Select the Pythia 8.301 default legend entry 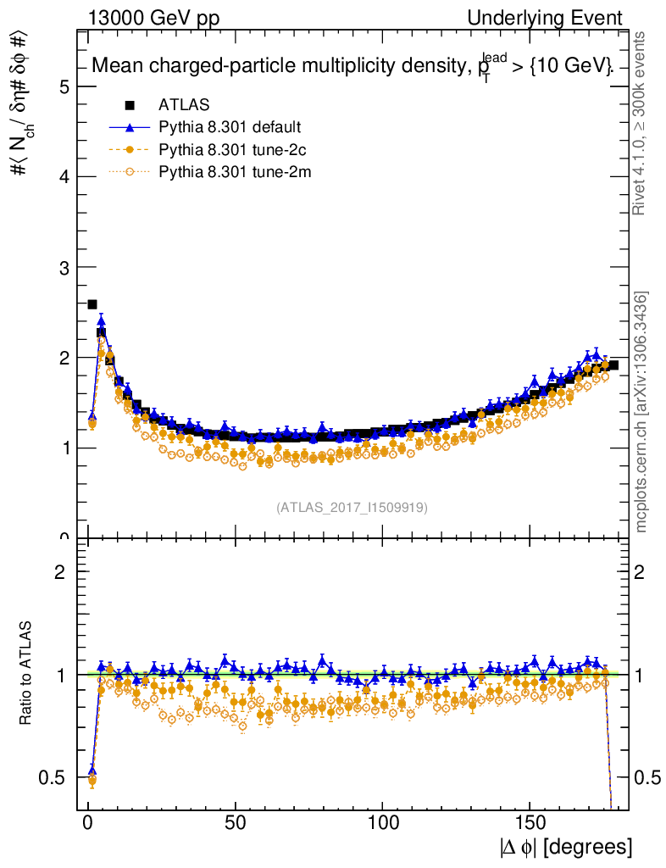(x=230, y=128)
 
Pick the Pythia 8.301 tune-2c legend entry (x=230, y=151)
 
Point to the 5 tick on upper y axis (x=64, y=86)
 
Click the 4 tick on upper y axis (x=64, y=177)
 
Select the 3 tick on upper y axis (x=64, y=268)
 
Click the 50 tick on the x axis (x=235, y=822)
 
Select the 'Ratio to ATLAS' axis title (x=26, y=674)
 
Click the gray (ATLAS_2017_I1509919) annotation (x=352, y=508)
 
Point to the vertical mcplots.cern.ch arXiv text (x=642, y=413)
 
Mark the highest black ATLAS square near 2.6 (x=92, y=304)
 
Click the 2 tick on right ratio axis (x=641, y=572)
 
